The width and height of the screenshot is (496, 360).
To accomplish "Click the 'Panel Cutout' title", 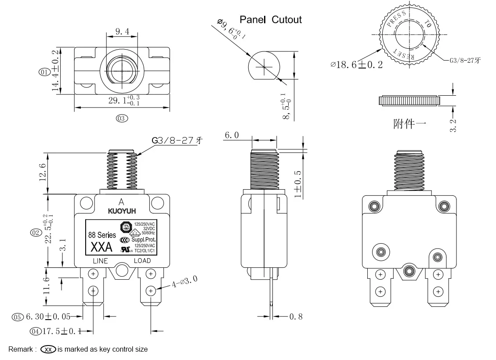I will (x=270, y=20).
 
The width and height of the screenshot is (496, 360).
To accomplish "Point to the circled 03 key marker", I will (x=121, y=118).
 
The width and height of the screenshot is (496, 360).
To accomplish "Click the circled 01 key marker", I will (x=44, y=72).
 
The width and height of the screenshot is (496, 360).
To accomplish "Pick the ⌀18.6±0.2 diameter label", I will (x=356, y=65).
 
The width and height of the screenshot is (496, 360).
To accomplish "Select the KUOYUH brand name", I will (x=122, y=211).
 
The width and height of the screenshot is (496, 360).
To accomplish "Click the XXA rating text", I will (x=101, y=248).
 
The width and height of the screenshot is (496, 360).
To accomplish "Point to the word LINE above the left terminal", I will (x=100, y=261).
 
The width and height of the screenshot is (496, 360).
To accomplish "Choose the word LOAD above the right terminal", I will (x=142, y=261).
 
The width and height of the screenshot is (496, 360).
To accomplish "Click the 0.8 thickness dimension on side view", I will (x=296, y=317).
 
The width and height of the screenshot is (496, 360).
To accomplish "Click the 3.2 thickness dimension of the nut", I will (x=453, y=125).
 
